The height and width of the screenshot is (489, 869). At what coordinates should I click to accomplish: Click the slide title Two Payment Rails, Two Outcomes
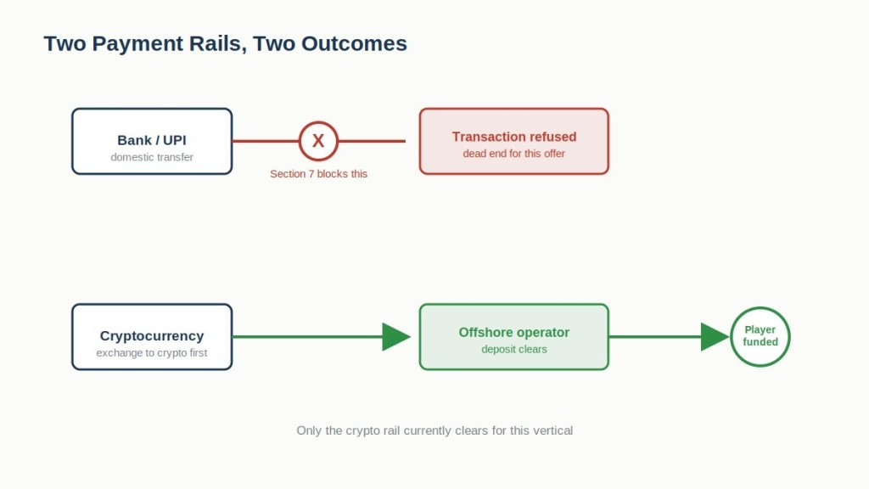(x=226, y=44)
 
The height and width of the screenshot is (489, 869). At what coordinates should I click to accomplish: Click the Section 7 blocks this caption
(x=319, y=174)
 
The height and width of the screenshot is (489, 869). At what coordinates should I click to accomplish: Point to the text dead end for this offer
(x=514, y=154)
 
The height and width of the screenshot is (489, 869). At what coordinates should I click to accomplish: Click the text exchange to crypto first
(x=152, y=353)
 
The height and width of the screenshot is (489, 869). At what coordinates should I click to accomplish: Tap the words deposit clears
(x=514, y=349)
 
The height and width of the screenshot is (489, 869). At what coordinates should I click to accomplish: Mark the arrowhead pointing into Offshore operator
(x=396, y=337)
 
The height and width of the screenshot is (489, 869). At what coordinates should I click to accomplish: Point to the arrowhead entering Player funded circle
(x=715, y=337)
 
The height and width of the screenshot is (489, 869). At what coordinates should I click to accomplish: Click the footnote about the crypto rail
(x=434, y=430)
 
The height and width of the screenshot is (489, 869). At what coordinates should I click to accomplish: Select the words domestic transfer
(x=152, y=157)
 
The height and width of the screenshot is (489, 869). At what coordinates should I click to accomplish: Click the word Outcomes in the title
(x=354, y=44)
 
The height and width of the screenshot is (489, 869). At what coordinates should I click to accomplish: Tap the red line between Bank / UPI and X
(x=266, y=142)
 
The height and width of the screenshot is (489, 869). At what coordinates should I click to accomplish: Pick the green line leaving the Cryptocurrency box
(x=307, y=337)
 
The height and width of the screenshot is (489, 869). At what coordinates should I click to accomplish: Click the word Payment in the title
(x=137, y=44)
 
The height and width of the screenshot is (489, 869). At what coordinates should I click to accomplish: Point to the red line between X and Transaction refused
(x=372, y=142)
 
